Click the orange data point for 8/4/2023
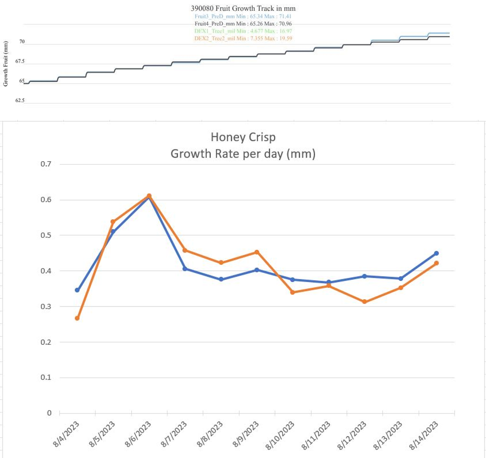(x=77, y=318)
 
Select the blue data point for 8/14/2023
(x=436, y=253)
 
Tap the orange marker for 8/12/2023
(x=364, y=302)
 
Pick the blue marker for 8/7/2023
(x=185, y=269)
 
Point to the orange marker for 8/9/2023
(x=257, y=252)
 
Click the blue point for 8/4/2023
(x=77, y=290)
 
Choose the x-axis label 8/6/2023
(x=138, y=434)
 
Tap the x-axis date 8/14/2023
(x=425, y=435)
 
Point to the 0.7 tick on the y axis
(x=46, y=164)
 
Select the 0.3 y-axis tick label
(x=46, y=307)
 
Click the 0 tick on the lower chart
(x=50, y=413)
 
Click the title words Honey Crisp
(x=242, y=137)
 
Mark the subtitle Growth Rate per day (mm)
(x=242, y=154)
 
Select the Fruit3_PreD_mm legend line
(x=242, y=16)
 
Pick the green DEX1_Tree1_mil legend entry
(x=242, y=31)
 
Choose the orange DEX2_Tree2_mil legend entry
(x=242, y=38)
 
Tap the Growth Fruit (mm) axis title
(x=6, y=63)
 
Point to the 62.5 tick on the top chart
(x=20, y=101)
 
